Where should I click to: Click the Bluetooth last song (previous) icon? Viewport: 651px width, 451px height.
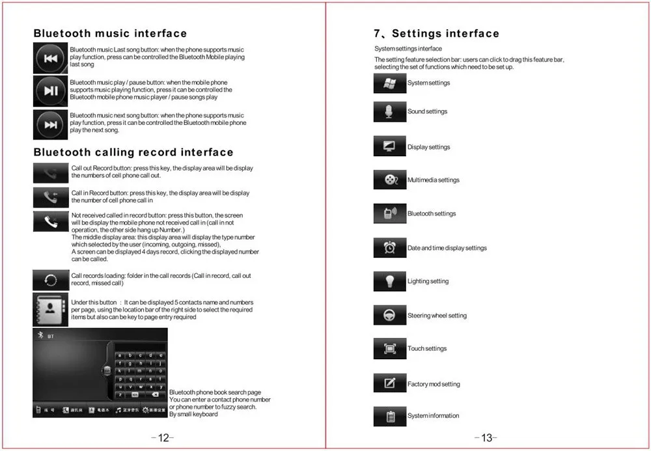51,59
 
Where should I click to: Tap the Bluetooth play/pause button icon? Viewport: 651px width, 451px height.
51,91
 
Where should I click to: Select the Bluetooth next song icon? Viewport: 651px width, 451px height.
51,125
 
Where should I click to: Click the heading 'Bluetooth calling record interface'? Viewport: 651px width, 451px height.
133,152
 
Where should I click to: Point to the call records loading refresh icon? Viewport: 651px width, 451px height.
51,280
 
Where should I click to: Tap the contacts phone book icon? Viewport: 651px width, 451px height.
51,309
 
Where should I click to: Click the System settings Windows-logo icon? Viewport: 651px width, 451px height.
390,83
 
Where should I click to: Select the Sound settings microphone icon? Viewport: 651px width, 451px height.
390,112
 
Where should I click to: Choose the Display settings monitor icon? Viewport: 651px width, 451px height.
390,147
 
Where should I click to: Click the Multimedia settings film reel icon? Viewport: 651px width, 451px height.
390,180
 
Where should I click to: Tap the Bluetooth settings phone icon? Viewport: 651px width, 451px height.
390,213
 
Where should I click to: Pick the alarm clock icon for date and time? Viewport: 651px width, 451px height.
390,248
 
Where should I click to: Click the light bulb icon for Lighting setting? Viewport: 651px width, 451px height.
390,282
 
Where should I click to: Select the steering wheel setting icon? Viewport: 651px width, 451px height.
390,316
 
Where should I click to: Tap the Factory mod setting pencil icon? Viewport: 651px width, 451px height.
390,383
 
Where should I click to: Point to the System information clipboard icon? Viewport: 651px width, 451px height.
390,416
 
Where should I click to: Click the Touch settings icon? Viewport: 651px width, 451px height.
390,349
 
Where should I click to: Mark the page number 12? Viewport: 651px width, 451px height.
163,438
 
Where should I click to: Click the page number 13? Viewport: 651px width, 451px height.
486,438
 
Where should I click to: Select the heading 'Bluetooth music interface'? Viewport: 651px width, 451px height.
110,34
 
